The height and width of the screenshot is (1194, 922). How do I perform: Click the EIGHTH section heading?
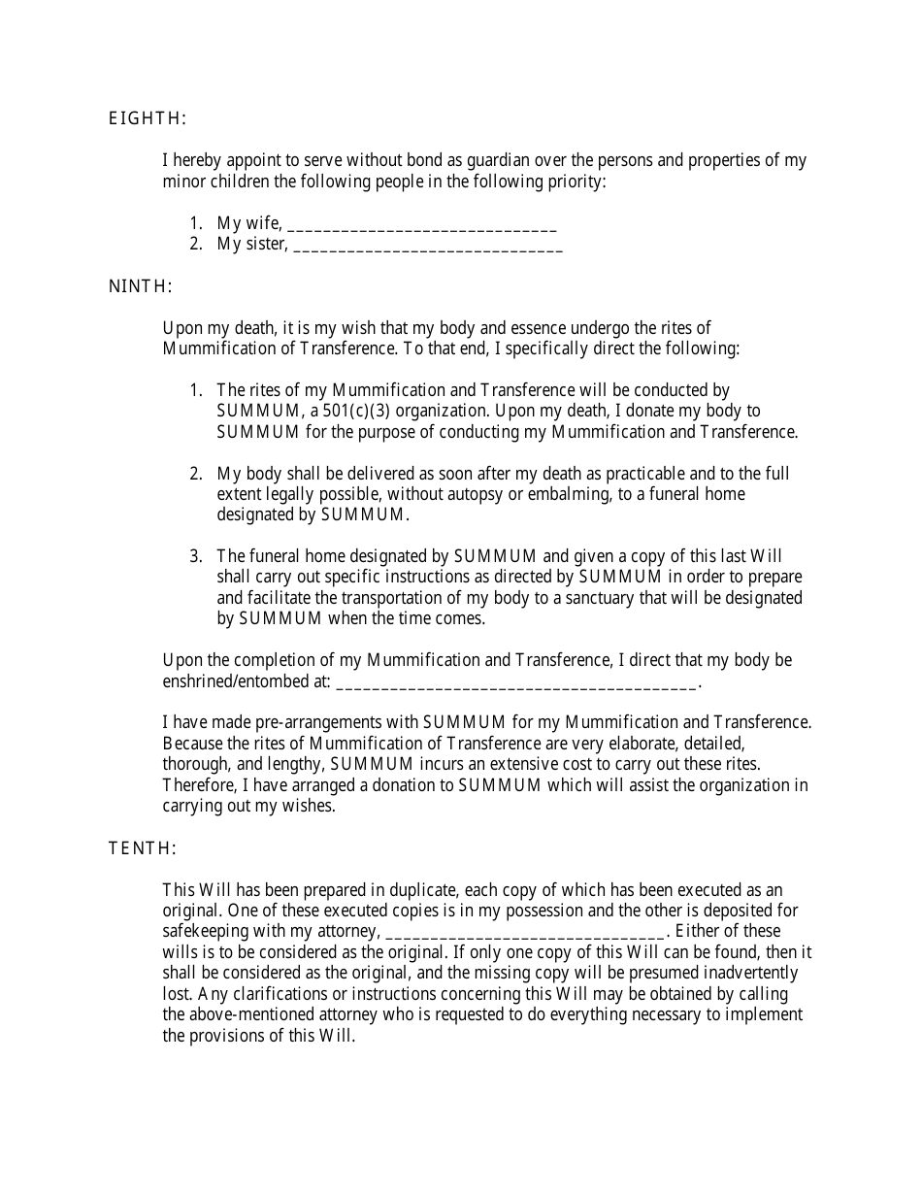point(147,118)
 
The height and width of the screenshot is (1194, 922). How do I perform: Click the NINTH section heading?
point(141,286)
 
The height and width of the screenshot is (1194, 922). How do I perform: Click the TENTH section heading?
point(143,848)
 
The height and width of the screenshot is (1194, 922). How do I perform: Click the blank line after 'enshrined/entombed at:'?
point(516,681)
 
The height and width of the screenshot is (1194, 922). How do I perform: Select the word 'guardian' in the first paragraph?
point(482,161)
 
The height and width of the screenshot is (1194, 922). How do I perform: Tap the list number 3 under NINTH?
point(195,556)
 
